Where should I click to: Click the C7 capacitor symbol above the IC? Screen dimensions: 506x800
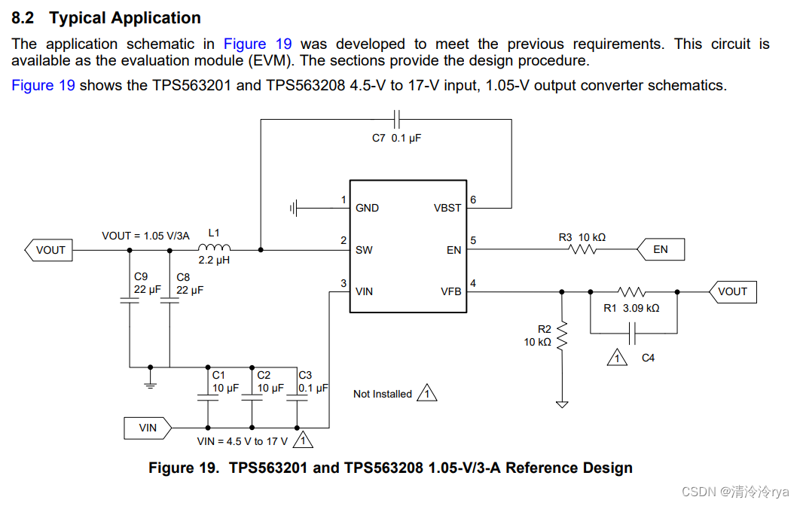point(397,118)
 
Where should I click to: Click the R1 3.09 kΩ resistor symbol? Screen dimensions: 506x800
point(631,291)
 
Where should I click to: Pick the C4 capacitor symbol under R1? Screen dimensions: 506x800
point(634,332)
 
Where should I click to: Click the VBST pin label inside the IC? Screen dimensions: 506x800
point(447,208)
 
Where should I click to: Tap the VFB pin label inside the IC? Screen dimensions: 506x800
point(450,291)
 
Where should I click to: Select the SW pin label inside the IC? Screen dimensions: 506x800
point(364,250)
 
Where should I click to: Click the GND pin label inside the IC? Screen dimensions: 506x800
point(367,208)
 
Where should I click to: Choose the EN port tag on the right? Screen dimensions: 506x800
point(660,249)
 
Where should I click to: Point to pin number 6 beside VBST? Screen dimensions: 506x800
point(473,200)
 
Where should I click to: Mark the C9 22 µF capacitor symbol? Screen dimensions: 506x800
point(130,301)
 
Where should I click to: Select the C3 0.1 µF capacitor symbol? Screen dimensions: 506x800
point(299,401)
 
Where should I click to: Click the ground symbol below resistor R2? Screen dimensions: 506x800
point(561,404)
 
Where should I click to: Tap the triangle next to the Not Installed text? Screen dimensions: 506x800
point(427,393)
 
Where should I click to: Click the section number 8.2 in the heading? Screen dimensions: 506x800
point(26,18)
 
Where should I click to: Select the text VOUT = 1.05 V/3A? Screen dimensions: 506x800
point(145,236)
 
